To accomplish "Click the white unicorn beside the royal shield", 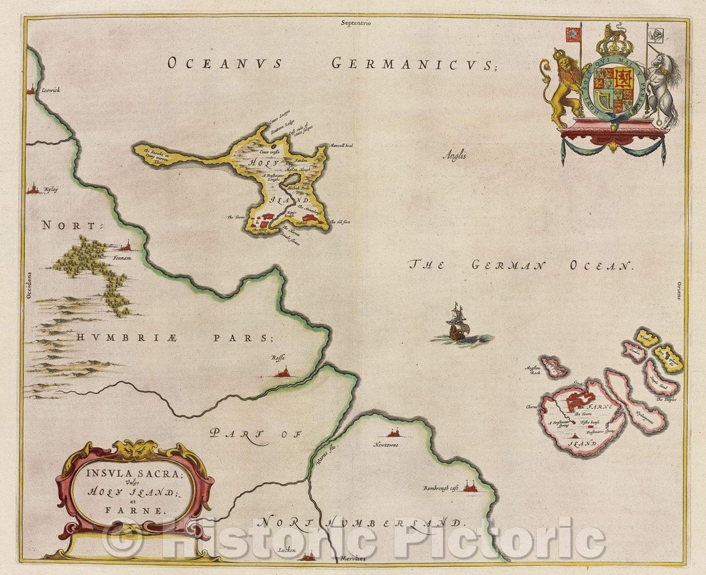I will click(662, 88).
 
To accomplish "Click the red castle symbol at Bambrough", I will click(469, 486).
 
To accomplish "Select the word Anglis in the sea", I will click(455, 156).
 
